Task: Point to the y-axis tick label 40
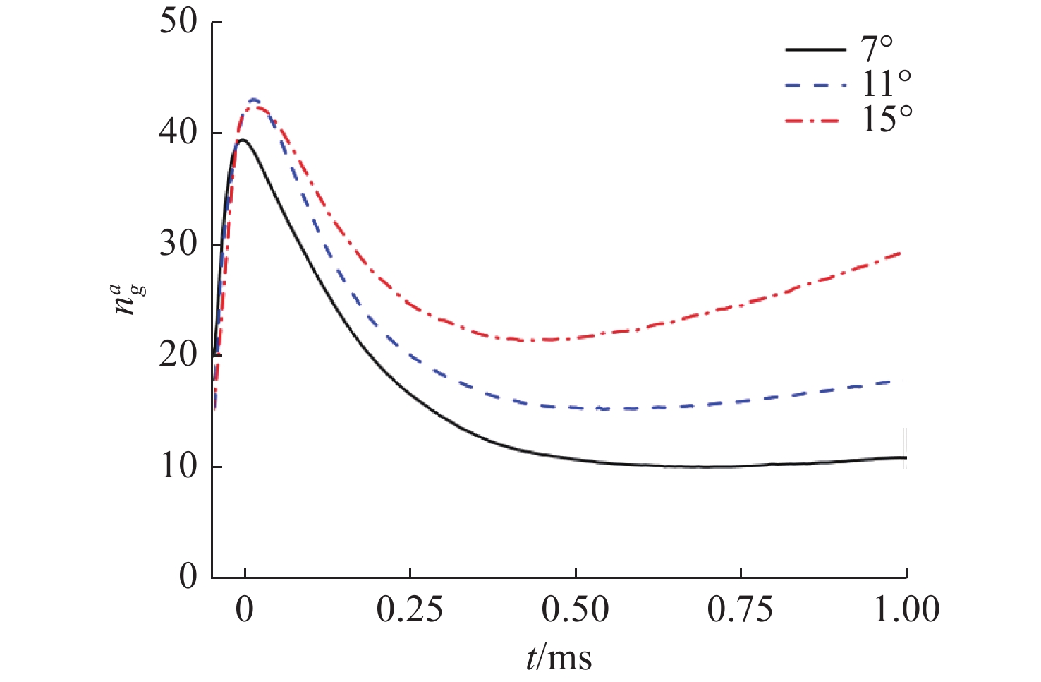(179, 133)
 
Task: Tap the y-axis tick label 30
(179, 244)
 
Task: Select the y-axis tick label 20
(179, 354)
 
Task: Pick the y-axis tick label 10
(179, 466)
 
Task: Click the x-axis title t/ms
(559, 657)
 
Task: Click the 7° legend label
(877, 50)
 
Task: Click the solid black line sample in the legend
(815, 50)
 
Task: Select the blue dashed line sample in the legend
(815, 85)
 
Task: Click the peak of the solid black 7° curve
(242, 140)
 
